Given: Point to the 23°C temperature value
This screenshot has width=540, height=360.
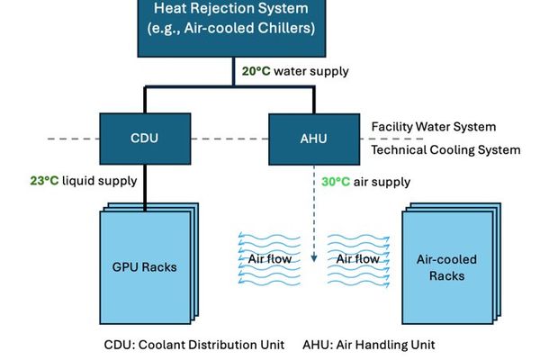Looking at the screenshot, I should point(45,180).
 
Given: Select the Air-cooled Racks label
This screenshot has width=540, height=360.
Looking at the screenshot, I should point(446,267).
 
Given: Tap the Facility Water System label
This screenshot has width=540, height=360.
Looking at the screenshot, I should point(434,127).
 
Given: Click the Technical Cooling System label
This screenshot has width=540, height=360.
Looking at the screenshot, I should point(445,149).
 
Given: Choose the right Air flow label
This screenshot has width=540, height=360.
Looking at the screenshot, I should point(356,259).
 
